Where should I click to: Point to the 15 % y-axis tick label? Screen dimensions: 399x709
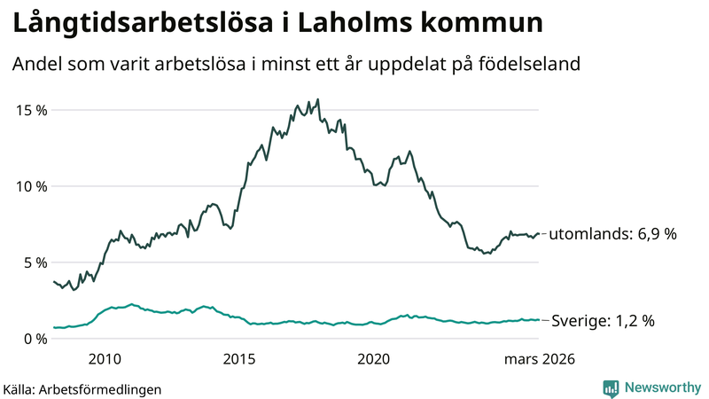click(31, 110)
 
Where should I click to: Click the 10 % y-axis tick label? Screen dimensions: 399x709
click(31, 186)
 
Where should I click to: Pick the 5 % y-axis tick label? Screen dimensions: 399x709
click(35, 262)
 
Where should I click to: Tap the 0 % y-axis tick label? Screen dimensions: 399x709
click(35, 339)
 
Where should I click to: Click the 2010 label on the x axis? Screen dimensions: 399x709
click(105, 359)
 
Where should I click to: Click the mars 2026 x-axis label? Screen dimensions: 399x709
click(540, 359)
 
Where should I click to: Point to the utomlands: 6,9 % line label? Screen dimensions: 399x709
click(612, 235)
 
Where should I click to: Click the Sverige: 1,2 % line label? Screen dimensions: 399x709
click(603, 321)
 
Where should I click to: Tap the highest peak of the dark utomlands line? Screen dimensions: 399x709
click(318, 99)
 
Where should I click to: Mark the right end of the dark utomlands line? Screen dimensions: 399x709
click(539, 234)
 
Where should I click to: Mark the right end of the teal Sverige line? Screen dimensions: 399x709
click(539, 320)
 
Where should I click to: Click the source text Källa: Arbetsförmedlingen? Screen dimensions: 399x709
click(82, 388)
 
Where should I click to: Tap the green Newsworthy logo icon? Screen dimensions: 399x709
click(611, 387)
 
